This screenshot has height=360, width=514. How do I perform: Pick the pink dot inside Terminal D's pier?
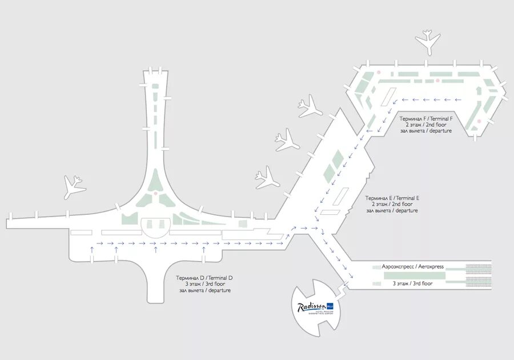[155, 193]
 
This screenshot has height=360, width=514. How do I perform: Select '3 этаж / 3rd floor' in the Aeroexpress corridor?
[412, 283]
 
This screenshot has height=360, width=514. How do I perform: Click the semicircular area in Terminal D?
[155, 227]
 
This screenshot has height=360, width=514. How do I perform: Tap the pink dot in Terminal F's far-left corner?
[378, 72]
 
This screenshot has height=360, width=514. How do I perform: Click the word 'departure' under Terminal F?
[438, 131]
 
